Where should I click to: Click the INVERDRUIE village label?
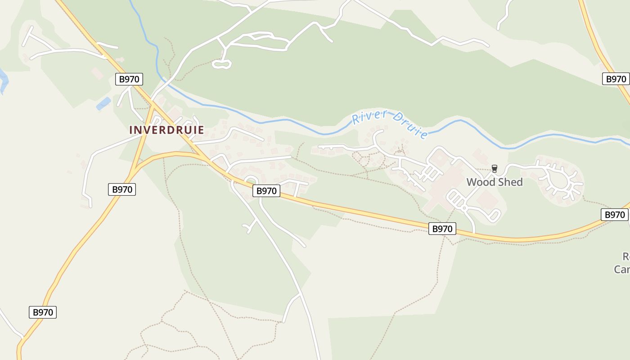[166, 130]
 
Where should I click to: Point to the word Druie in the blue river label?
[409, 126]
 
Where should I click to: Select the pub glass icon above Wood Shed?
[495, 169]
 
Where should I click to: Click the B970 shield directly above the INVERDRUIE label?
[129, 80]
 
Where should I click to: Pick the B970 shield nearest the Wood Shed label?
[442, 229]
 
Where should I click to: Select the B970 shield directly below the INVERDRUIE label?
[122, 189]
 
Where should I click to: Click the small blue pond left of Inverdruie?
[103, 103]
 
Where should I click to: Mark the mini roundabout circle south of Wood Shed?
[463, 208]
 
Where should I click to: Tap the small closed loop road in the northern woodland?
[221, 64]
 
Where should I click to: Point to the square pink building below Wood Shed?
[487, 199]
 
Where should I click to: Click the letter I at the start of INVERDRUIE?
[131, 130]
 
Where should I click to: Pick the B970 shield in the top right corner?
[616, 79]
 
